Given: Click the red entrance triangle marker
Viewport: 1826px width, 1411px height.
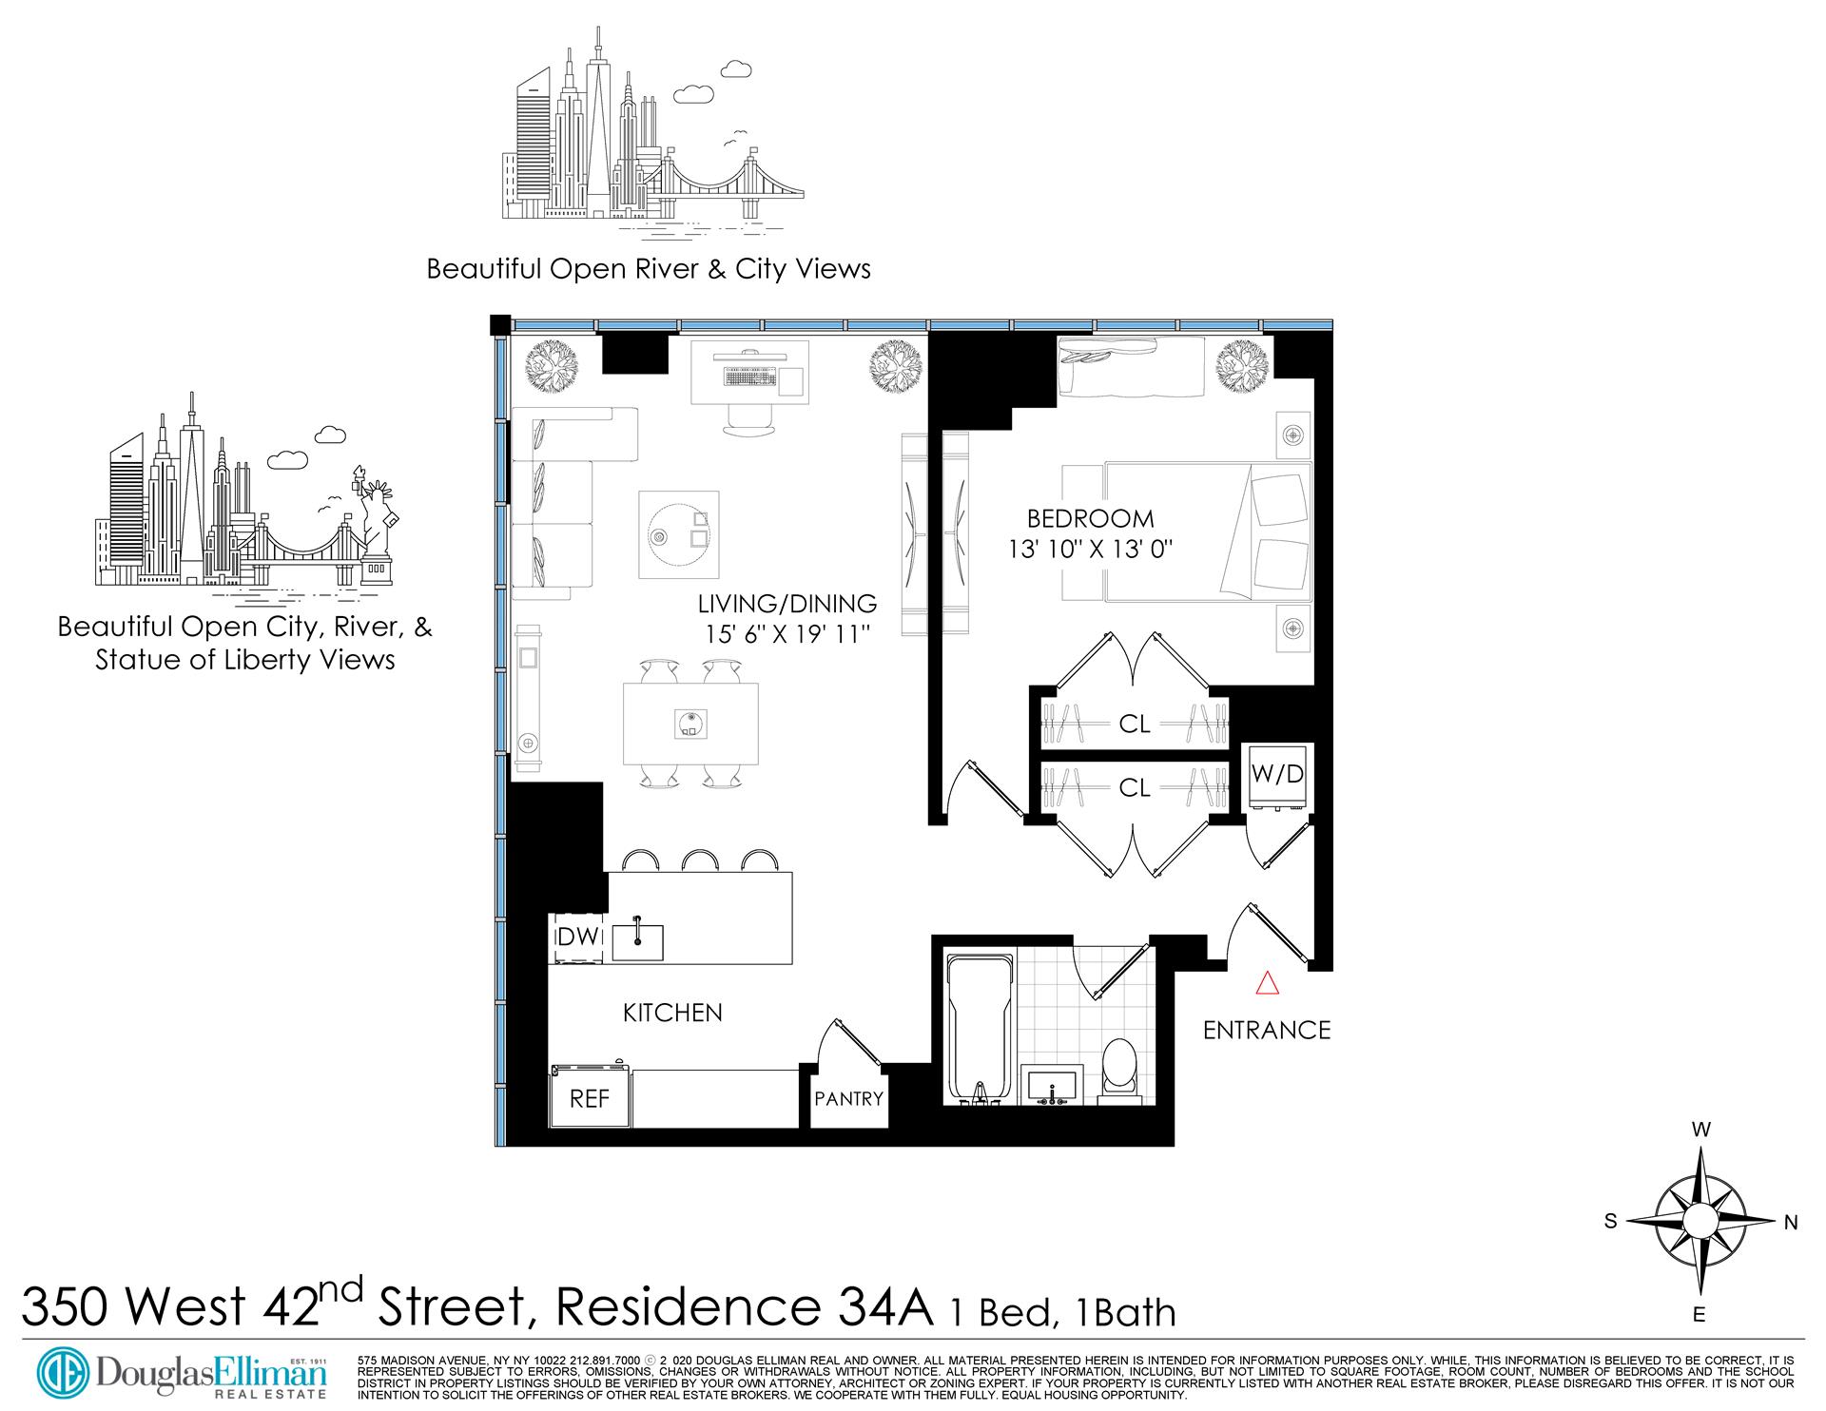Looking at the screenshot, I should tap(1267, 983).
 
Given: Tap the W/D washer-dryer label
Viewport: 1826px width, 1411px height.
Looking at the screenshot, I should tap(1278, 774).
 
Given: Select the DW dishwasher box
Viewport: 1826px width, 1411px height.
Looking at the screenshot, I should tap(577, 937).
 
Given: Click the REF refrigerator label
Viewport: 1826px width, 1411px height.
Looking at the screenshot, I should tap(589, 1098).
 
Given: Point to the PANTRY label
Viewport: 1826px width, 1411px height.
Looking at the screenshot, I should tap(848, 1098).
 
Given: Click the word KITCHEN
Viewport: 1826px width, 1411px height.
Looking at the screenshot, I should tap(672, 1014).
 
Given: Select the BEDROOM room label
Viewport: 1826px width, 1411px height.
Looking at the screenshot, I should tap(1090, 519).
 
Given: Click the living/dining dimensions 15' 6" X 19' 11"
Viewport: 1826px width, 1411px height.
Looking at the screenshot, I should tap(787, 633).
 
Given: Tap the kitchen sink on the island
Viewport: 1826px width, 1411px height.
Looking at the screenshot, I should tap(637, 941).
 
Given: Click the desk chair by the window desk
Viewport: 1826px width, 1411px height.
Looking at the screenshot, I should tap(750, 419).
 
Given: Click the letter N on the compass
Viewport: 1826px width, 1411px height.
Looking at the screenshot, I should tap(1790, 1224).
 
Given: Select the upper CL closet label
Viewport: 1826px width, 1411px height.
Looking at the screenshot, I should tap(1134, 725).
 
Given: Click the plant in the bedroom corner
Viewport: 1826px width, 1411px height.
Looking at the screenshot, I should tap(1243, 366).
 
